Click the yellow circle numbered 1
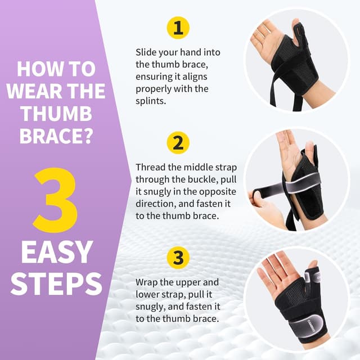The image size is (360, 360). point(178,28)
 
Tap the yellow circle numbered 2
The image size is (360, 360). point(178,143)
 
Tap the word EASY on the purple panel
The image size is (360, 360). point(55,253)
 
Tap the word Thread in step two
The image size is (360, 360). point(150,168)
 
